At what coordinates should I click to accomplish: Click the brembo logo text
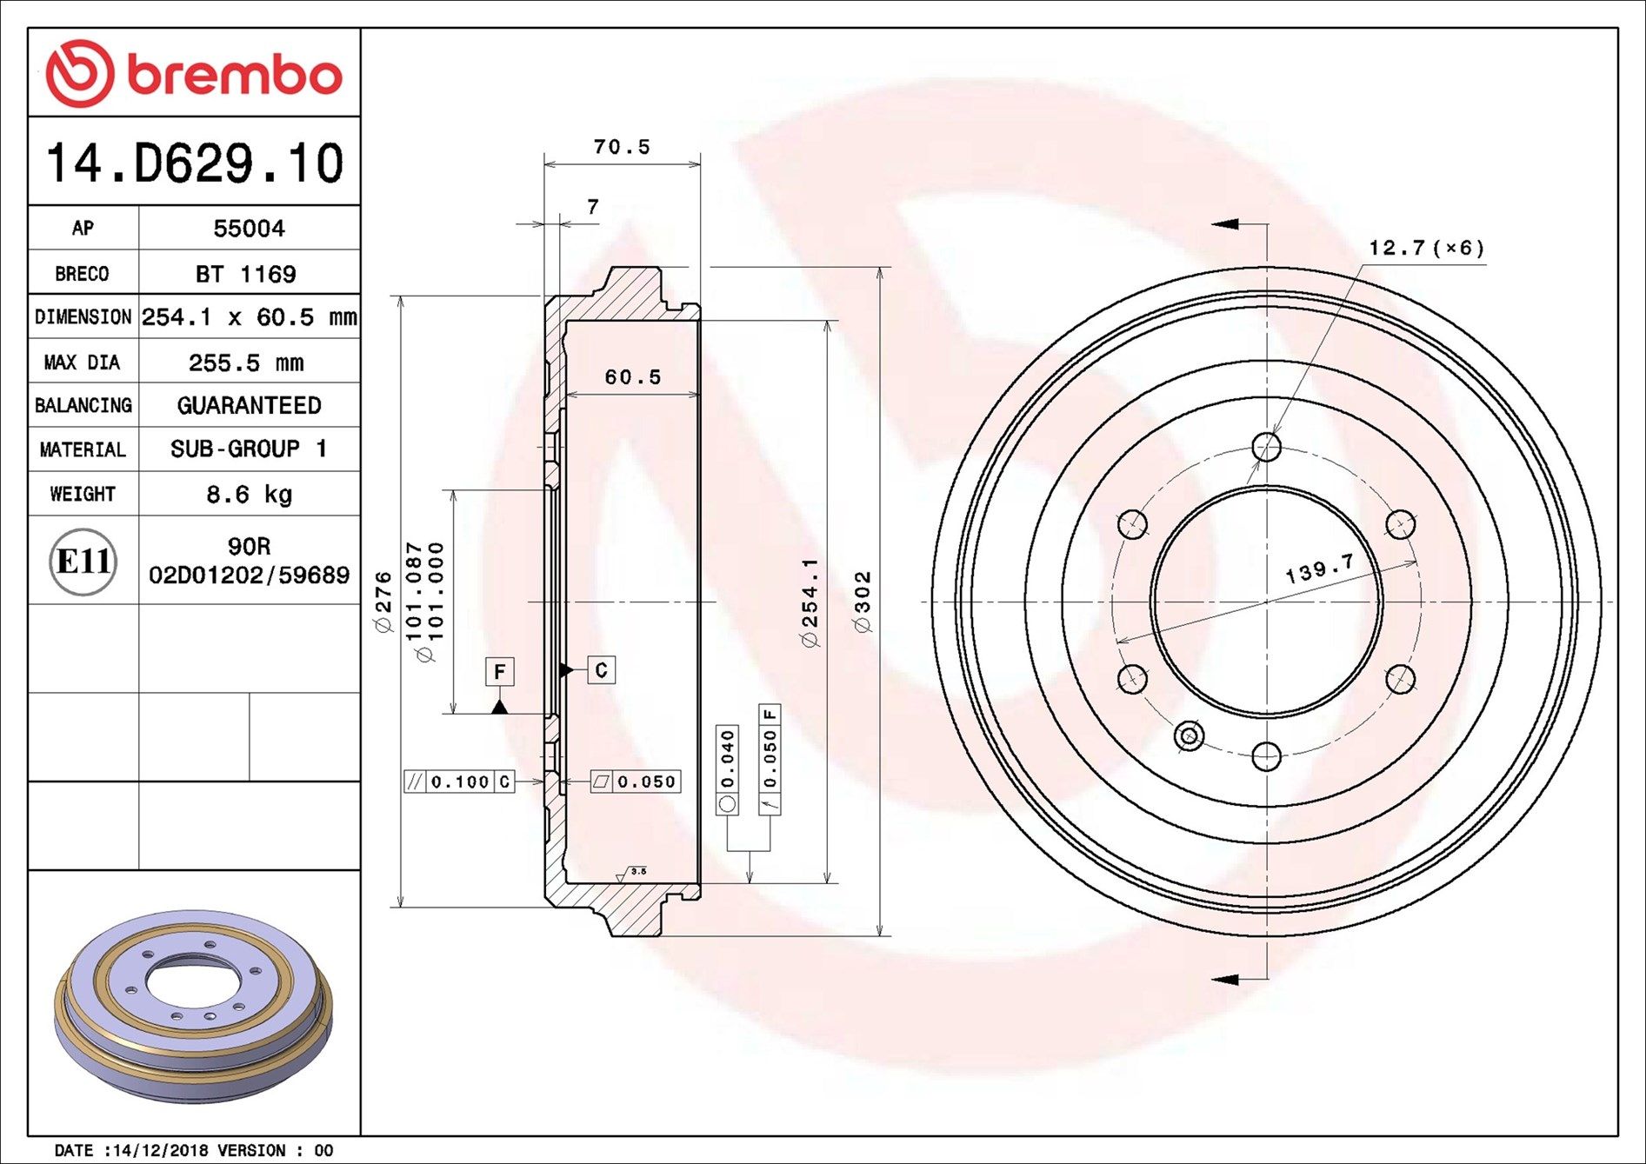tap(235, 75)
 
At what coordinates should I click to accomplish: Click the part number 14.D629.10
tap(195, 163)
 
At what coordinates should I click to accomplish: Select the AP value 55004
tap(249, 229)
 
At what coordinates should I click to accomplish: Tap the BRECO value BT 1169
tap(245, 274)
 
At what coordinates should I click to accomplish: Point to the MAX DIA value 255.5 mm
tap(246, 363)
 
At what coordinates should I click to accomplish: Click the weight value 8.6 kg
tap(249, 495)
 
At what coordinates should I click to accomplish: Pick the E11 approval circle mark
tap(83, 562)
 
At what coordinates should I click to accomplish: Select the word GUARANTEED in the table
tap(249, 405)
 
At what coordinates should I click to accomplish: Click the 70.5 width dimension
tap(622, 147)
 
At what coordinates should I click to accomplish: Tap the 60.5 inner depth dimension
tap(633, 376)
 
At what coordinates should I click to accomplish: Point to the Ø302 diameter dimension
tap(863, 602)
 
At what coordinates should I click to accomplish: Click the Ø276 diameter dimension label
tap(383, 602)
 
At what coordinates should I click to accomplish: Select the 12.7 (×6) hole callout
tap(1426, 249)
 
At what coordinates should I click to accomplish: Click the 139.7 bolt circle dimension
tap(1319, 569)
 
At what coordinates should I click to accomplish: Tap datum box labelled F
tap(499, 671)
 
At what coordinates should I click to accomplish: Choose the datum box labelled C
tap(601, 669)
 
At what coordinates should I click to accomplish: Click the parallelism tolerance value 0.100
tap(460, 782)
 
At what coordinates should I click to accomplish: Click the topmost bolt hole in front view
tap(1266, 448)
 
